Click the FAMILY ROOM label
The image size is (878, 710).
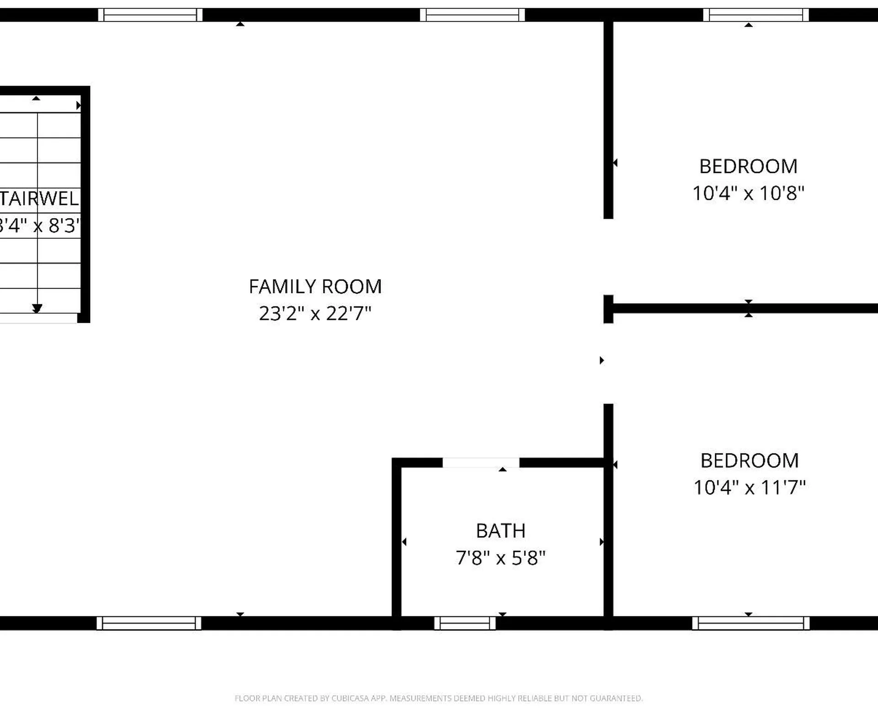(x=315, y=287)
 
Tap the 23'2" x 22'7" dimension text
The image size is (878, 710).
(x=315, y=314)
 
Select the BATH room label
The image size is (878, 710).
(x=501, y=531)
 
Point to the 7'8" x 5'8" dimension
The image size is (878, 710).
(x=501, y=558)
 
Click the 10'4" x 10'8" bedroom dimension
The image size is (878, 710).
(x=748, y=193)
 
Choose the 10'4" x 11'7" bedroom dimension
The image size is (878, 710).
(x=750, y=487)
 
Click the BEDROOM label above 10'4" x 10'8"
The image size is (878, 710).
(x=748, y=166)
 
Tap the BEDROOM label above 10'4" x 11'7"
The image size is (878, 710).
(x=750, y=460)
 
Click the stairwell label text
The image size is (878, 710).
(x=39, y=199)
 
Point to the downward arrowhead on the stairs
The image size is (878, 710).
(x=37, y=309)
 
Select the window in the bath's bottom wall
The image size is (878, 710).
(x=465, y=623)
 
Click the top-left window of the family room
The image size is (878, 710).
(x=150, y=15)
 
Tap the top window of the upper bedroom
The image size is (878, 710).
(x=755, y=15)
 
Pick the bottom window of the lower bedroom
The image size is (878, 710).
(x=750, y=623)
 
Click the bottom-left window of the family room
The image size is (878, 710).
(x=149, y=623)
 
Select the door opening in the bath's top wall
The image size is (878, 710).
(x=481, y=462)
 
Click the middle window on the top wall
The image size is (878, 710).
(x=472, y=15)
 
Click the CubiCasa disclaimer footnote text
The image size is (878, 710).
(x=439, y=698)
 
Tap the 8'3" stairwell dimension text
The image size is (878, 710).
(x=64, y=226)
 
